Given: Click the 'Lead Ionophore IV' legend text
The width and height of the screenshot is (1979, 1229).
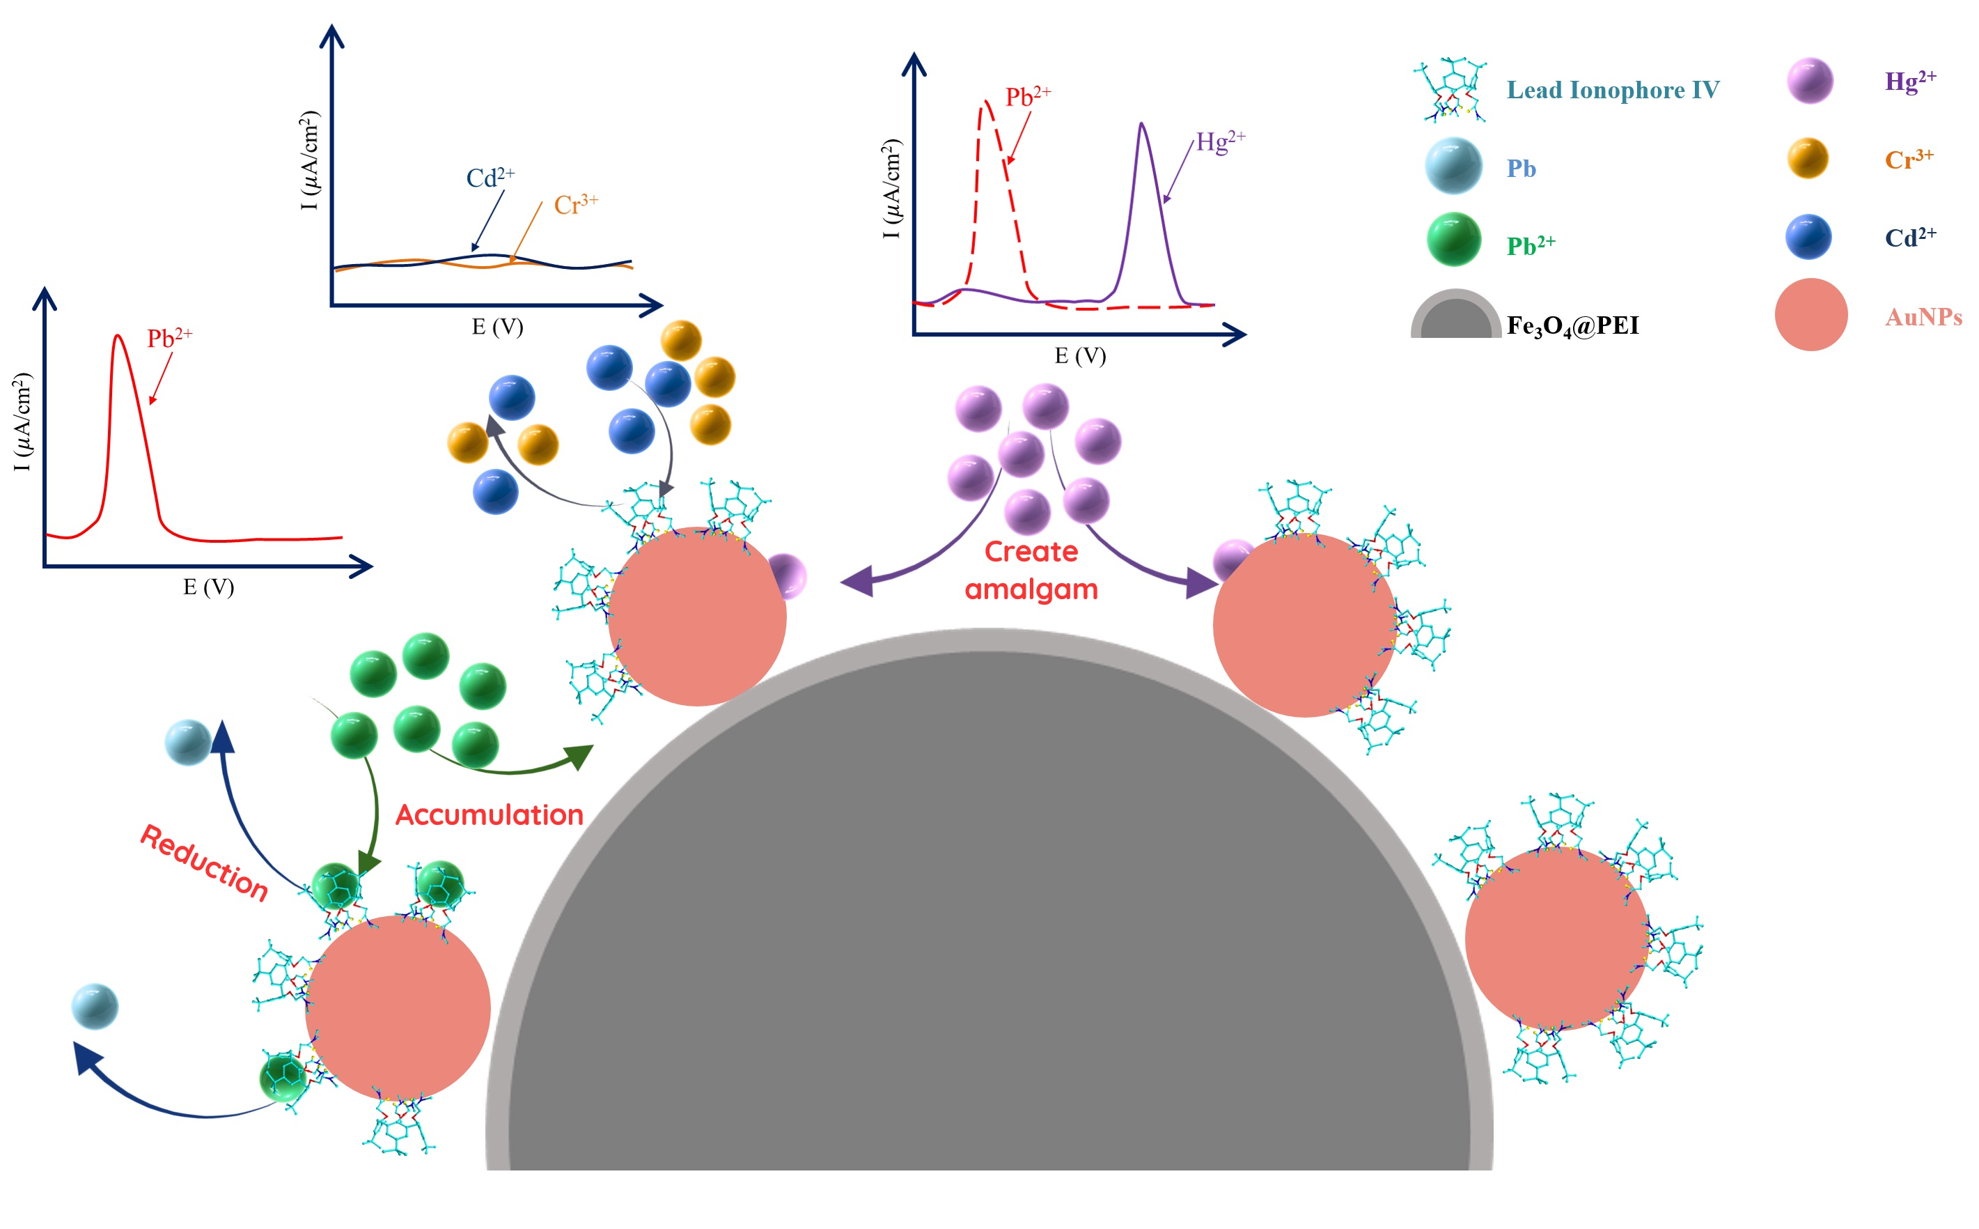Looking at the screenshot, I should (x=1613, y=91).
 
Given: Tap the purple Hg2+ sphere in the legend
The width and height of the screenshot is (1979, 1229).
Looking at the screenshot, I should (x=1810, y=82).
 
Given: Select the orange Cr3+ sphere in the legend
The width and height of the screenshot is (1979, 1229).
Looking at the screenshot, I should (x=1808, y=157).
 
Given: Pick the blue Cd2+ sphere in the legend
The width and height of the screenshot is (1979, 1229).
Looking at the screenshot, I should (x=1808, y=237).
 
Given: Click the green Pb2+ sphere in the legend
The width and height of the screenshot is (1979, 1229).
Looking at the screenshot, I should (x=1453, y=239).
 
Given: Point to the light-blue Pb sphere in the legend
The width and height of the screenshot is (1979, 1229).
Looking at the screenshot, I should (x=1453, y=166).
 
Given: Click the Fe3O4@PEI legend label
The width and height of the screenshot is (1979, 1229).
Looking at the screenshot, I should (x=1572, y=326).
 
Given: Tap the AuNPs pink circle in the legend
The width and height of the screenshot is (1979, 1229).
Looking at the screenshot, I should (x=1810, y=315).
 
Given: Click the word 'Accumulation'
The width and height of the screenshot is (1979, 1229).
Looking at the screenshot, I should (x=489, y=815).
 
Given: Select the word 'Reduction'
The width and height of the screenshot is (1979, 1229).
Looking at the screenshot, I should (x=204, y=863).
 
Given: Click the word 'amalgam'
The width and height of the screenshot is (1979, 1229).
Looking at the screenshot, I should (x=1031, y=589).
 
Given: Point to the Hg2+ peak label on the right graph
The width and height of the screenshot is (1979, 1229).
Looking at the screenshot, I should (x=1219, y=142).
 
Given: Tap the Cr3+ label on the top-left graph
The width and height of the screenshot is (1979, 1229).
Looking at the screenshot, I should (x=575, y=205).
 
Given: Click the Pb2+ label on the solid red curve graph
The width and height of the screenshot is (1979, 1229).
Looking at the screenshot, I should (x=169, y=338).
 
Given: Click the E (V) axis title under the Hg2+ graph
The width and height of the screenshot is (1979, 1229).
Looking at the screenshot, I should (x=1079, y=356).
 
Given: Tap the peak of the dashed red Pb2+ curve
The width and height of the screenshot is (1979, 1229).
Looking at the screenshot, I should (x=986, y=102).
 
